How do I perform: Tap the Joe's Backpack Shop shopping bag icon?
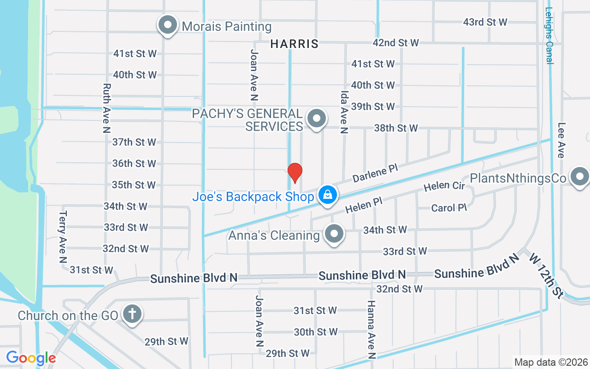click(327, 196)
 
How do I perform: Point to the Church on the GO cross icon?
click(132, 315)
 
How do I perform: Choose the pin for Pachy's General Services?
click(316, 119)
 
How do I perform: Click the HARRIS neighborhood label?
click(294, 44)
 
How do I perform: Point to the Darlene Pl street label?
click(375, 173)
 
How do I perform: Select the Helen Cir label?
click(444, 185)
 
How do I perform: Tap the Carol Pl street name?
click(449, 208)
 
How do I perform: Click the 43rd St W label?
click(485, 22)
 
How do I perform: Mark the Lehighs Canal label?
click(549, 36)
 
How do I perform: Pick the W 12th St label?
click(547, 275)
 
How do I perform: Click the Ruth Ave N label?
click(107, 108)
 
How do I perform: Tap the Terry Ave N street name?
click(64, 237)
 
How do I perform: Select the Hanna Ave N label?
click(371, 329)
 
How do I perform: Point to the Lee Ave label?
click(561, 140)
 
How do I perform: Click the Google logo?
click(31, 358)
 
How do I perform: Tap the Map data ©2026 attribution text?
click(551, 363)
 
